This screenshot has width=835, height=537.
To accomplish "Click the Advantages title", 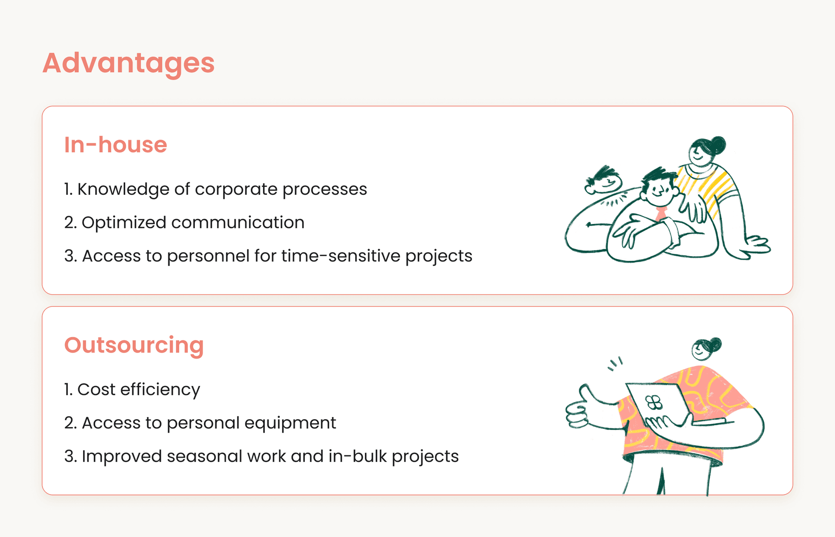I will tap(128, 63).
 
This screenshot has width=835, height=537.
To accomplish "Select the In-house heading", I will tap(115, 145).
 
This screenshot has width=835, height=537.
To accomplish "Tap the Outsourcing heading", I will tap(134, 345).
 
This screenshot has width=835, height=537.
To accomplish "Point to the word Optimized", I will tap(124, 223).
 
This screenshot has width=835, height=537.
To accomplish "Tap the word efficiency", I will tap(160, 390).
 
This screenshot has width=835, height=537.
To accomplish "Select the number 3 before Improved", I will tap(69, 457).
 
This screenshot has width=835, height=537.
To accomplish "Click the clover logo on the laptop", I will tap(654, 403).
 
